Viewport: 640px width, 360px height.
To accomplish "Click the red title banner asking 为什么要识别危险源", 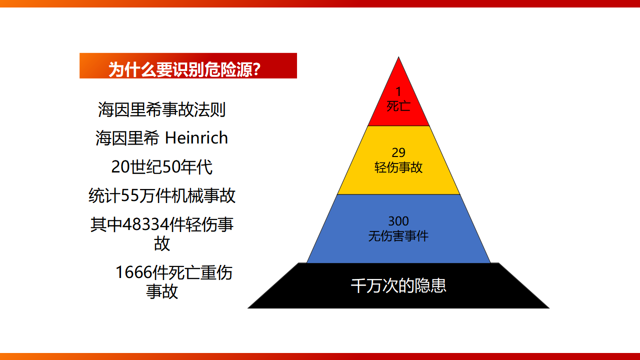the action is coord(188,65).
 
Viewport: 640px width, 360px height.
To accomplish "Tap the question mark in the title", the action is coord(256,69).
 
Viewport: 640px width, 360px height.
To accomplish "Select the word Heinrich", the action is coord(196,137).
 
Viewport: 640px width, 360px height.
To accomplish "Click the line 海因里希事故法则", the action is coord(161,109).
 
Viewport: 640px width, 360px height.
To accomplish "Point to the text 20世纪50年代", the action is coord(161,167).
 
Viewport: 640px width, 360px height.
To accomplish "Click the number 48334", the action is coord(145,224).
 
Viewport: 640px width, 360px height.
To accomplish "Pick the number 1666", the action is coord(133,272).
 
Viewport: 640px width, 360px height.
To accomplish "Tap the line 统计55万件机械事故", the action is coord(161,195).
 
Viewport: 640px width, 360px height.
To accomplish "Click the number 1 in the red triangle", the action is coord(398,91).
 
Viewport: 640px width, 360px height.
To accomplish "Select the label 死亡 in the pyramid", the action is coord(398,106).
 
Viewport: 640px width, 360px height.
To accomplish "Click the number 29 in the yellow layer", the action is coord(398,152).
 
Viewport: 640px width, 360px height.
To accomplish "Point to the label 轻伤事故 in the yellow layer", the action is coord(398,167).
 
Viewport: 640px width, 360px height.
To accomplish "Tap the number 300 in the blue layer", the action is coord(398,221).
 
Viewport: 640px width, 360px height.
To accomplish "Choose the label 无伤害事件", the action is coord(398,236).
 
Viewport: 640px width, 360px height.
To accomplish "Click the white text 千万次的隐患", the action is coord(398,285).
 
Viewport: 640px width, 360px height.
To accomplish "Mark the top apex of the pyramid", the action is coord(398,57).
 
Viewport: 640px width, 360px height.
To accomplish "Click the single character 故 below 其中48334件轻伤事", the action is coord(162,243).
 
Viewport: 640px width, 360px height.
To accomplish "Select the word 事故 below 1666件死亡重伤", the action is coord(162,291).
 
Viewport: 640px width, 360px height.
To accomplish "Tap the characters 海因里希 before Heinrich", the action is coord(127,138).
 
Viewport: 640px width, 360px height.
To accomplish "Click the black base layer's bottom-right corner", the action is coord(549,308).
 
